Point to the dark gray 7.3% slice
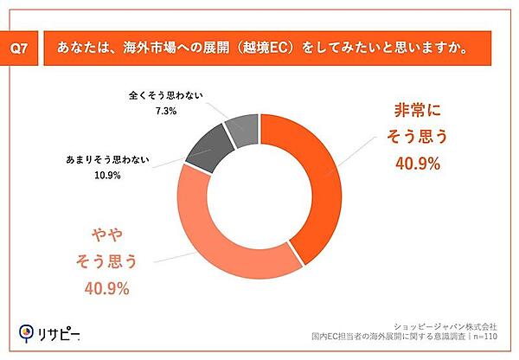pos(242,130)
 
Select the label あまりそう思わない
pos(106,160)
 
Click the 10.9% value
pos(106,175)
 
